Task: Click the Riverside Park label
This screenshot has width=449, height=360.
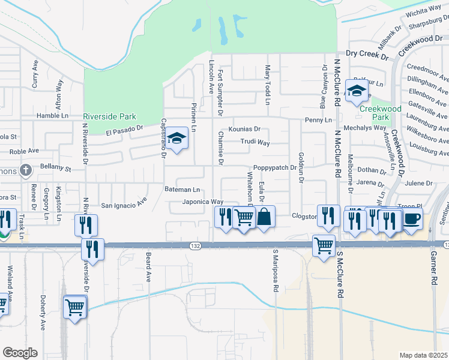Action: (x=109, y=116)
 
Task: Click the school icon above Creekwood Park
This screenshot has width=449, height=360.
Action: (x=357, y=92)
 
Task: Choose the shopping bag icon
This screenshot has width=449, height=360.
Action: (x=264, y=217)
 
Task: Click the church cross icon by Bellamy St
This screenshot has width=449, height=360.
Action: (x=25, y=171)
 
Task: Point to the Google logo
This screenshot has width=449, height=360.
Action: (x=19, y=353)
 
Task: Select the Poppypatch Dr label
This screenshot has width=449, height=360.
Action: (x=275, y=167)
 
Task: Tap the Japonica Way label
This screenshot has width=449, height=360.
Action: (x=203, y=202)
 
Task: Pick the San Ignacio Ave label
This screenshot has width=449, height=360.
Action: (x=124, y=205)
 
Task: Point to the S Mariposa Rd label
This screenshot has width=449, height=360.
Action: (x=276, y=271)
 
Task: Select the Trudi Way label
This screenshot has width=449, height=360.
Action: (x=255, y=143)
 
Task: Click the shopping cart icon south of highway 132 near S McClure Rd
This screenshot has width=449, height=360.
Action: (x=324, y=245)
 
